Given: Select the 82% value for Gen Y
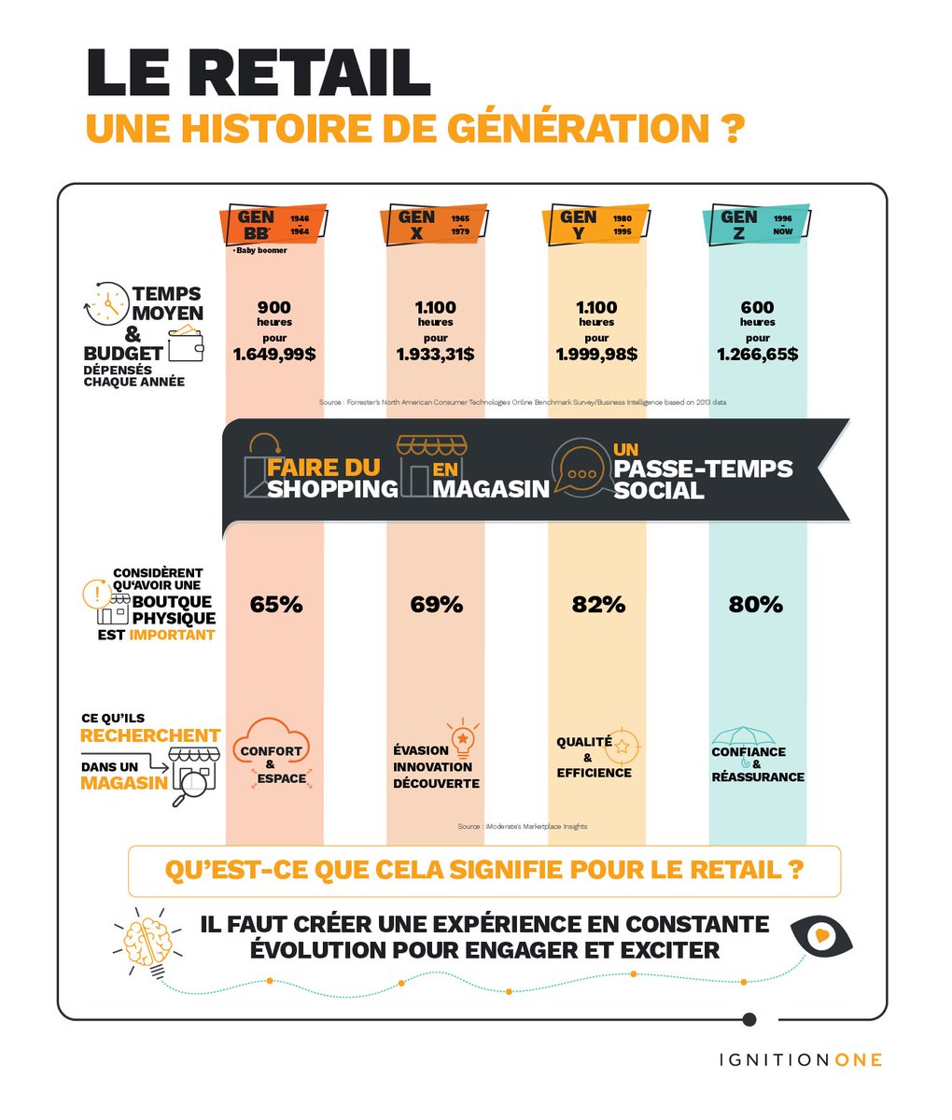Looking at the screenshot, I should point(598,605).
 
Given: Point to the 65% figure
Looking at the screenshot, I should point(276,605).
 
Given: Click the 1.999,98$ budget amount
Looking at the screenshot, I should point(597,355).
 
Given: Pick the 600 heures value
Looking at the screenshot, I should point(758,308).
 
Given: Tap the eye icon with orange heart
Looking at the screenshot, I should point(820,934).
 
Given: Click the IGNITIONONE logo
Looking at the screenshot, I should point(800,1059).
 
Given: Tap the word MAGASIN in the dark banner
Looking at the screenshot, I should point(491,488).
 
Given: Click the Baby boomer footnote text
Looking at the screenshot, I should point(260,250).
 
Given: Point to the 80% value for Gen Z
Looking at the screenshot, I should point(756,605).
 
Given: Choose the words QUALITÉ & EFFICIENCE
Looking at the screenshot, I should point(595,757).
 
